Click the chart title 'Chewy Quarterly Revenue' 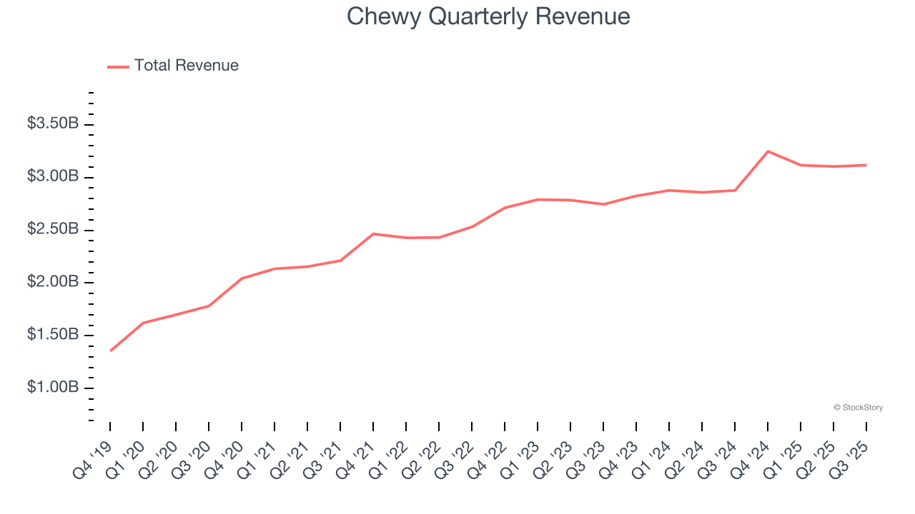coord(488,16)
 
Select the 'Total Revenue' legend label coord(186,66)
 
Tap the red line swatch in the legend coord(118,66)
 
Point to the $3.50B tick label coord(53,124)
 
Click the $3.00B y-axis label coord(53,176)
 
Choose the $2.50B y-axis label coord(53,229)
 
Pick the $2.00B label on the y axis coord(53,282)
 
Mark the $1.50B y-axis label coord(53,335)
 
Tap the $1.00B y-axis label coord(53,388)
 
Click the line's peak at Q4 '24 coord(768,151)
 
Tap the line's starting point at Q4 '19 coord(111,351)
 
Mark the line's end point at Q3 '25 coord(866,165)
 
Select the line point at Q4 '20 coord(242,278)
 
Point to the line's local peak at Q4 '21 coord(373,233)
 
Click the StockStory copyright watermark coord(858,408)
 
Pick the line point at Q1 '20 coord(143,323)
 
